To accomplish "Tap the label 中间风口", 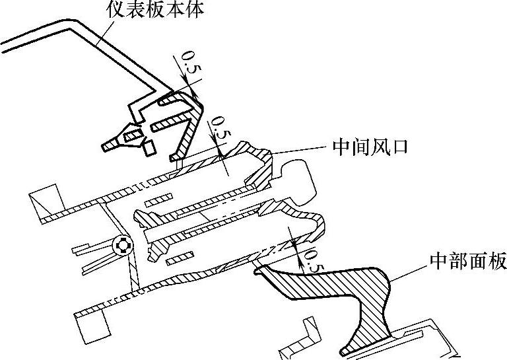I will (368, 147).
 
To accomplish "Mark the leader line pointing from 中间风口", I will (300, 149).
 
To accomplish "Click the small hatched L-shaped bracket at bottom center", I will (312, 330).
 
